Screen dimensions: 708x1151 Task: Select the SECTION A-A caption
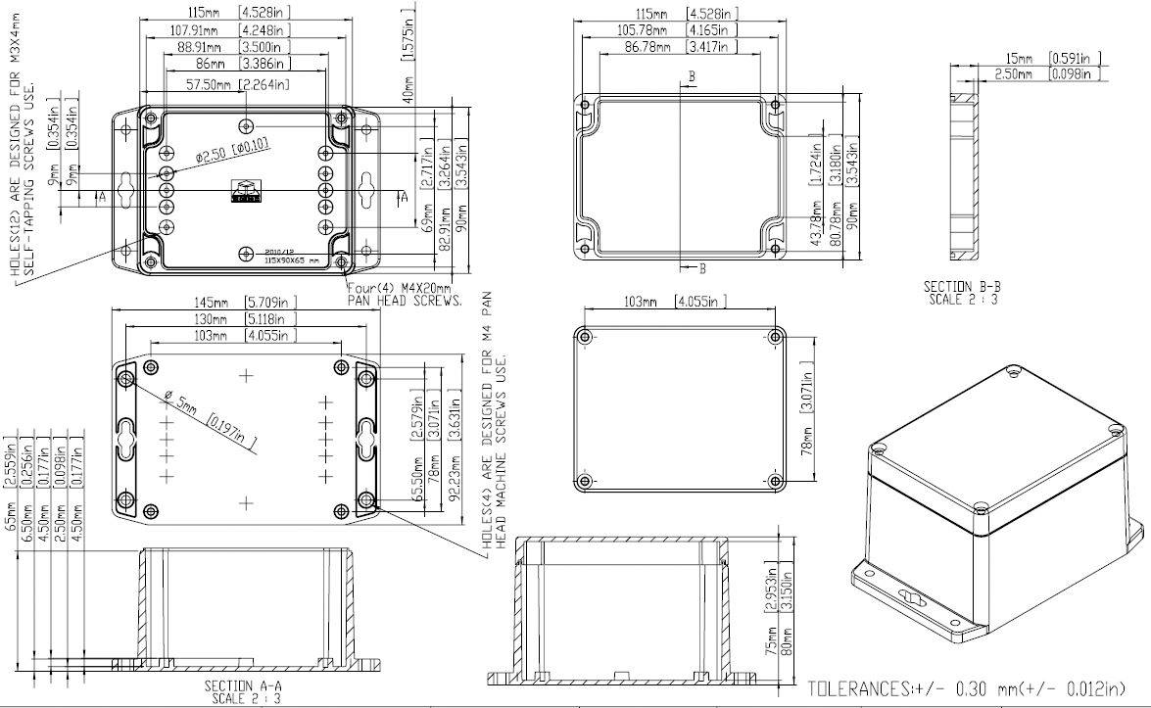242,691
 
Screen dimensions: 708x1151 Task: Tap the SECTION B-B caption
962,292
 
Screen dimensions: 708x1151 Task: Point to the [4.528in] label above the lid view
713,14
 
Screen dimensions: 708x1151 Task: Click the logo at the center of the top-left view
245,192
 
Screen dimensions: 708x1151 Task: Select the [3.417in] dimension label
713,46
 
